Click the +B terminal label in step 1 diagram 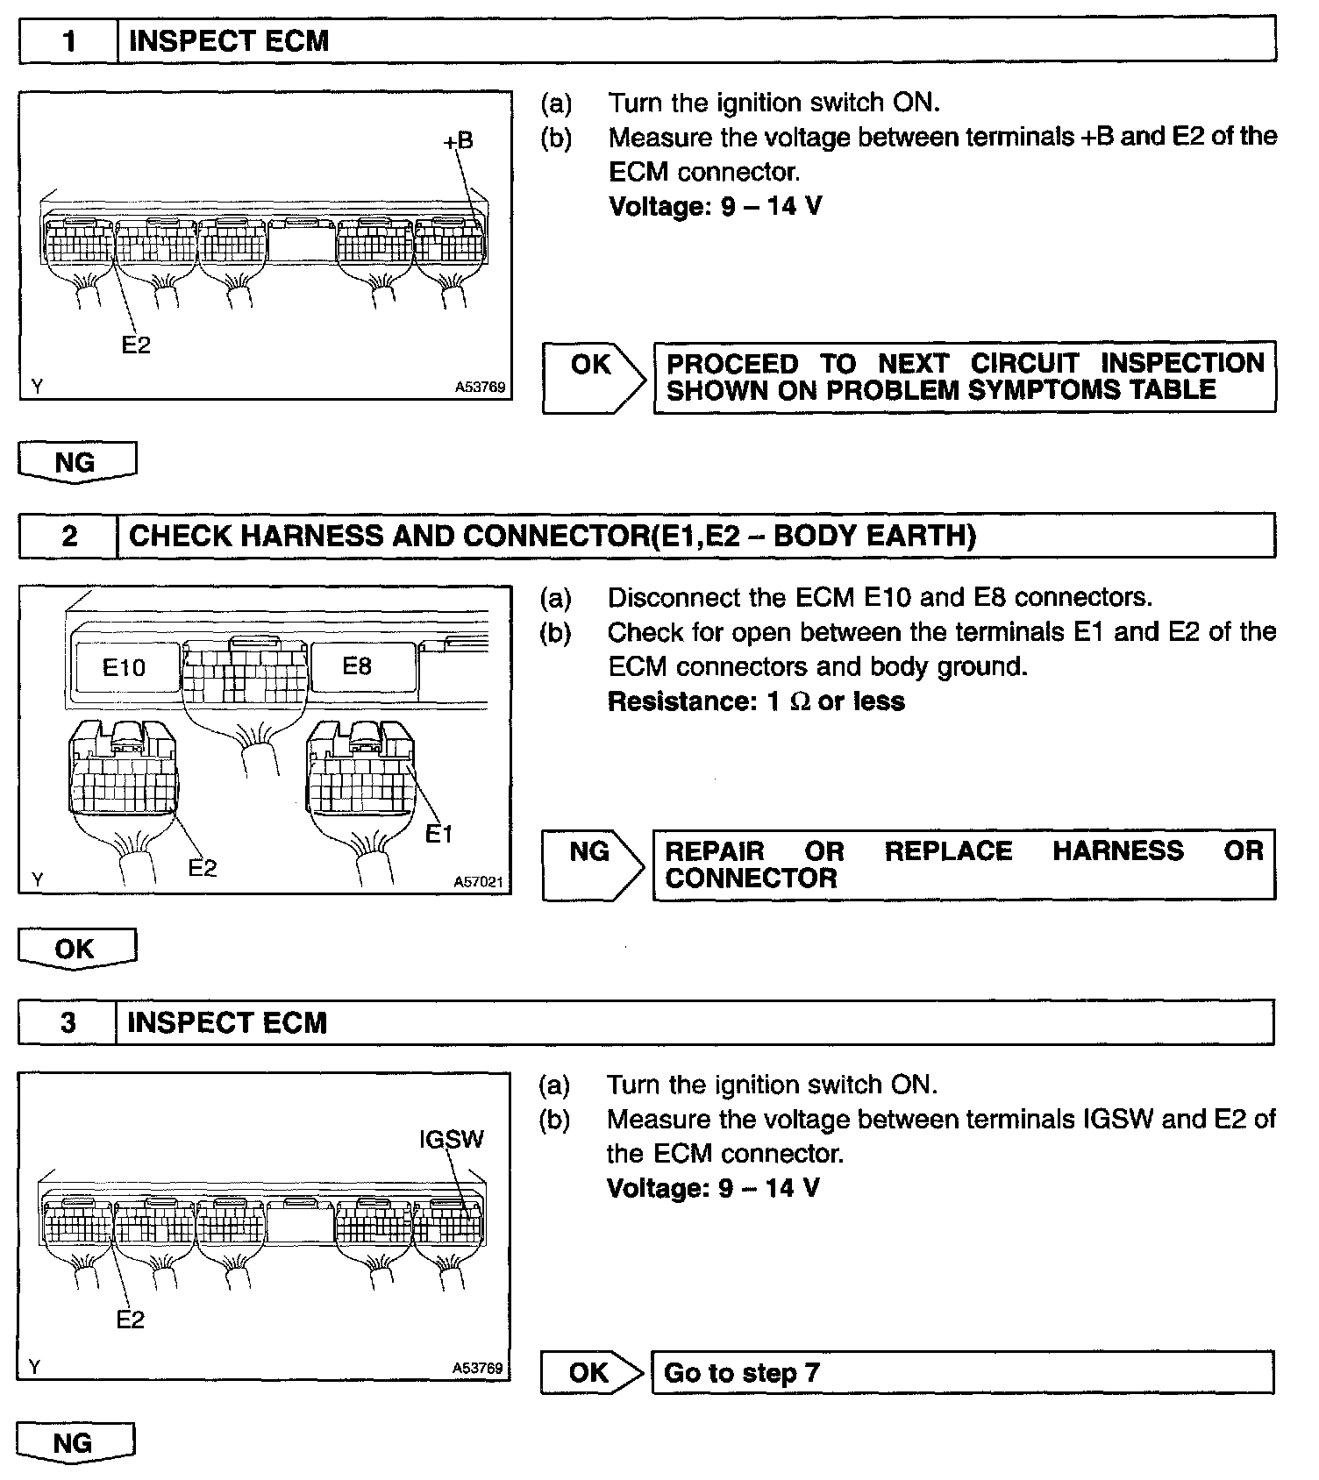point(458,140)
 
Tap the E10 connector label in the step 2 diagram point(124,668)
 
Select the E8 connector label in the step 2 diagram point(357,666)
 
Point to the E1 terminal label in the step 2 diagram point(438,834)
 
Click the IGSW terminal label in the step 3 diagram point(452,1139)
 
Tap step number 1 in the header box point(68,41)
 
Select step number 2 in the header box point(68,536)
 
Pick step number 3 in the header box point(68,1022)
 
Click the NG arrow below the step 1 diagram point(76,462)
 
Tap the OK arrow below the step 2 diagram point(75,949)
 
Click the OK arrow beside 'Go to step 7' point(590,1372)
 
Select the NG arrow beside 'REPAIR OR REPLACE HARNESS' point(590,851)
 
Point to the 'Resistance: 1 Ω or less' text point(756,701)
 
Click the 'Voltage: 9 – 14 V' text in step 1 point(716,207)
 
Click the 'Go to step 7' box point(961,1372)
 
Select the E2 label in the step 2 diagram point(203,868)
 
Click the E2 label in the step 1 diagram point(136,345)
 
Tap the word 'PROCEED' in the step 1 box point(732,364)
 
